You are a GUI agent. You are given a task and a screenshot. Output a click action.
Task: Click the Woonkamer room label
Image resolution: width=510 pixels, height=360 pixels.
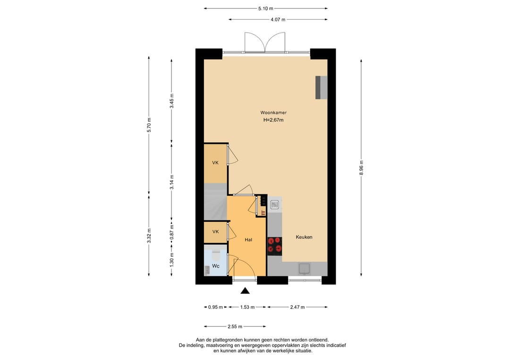click(x=273, y=113)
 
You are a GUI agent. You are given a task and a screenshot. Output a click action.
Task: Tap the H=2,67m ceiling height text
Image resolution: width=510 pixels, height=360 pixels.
click(x=273, y=120)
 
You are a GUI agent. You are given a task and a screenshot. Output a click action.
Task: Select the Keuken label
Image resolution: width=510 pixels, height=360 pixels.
click(x=304, y=237)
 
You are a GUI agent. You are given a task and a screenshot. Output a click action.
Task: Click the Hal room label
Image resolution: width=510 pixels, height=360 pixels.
click(x=248, y=240)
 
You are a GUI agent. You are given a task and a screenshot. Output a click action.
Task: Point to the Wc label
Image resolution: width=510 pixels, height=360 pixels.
click(x=216, y=266)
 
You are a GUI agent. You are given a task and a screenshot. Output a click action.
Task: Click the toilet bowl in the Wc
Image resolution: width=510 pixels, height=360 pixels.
click(x=216, y=255)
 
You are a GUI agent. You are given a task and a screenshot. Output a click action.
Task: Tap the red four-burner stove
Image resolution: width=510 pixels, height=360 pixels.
click(x=274, y=245)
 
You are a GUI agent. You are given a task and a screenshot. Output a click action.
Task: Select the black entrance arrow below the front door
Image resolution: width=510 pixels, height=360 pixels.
click(x=245, y=291)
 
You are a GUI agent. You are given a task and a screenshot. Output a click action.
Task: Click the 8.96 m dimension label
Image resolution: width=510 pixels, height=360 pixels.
click(x=361, y=167)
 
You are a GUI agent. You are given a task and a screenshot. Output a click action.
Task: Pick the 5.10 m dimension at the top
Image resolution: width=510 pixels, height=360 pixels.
click(x=265, y=8)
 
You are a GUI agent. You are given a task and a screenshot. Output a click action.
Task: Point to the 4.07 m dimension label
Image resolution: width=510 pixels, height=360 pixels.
click(x=278, y=19)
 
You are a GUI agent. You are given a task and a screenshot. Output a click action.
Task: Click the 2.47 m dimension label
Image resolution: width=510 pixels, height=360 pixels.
click(x=297, y=307)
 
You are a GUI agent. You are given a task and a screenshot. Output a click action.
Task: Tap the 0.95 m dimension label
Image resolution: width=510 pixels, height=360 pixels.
click(x=215, y=307)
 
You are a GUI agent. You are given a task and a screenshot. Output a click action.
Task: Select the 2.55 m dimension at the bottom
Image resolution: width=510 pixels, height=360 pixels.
click(x=235, y=327)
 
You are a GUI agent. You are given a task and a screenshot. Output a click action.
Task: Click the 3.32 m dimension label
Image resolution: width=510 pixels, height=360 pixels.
click(x=149, y=235)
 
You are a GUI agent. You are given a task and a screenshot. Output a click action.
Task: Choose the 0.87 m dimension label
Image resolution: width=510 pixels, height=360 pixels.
click(x=172, y=232)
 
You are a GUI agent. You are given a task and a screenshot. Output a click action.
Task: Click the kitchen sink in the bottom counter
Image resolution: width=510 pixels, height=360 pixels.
click(x=305, y=268)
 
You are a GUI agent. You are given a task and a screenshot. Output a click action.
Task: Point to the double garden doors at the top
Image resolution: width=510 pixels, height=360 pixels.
click(x=265, y=42)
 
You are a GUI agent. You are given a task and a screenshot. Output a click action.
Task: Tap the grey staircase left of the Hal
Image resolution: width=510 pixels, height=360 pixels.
click(x=215, y=201)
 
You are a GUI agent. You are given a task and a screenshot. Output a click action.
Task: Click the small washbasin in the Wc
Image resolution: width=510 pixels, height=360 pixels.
click(x=207, y=270)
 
